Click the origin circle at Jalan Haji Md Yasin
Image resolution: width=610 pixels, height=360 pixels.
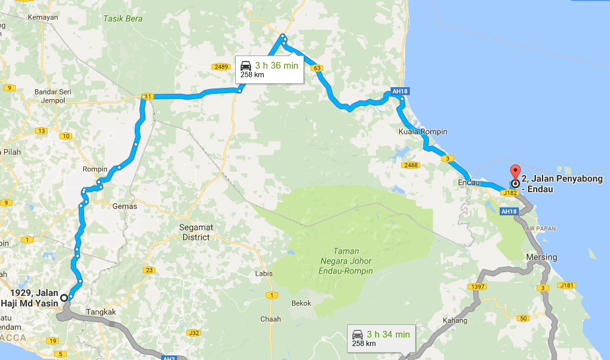click(x=63, y=298)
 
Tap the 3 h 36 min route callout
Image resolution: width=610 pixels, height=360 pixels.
click(x=270, y=69)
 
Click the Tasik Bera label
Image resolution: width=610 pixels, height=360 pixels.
click(x=123, y=18)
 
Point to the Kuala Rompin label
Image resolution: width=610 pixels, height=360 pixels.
click(x=423, y=131)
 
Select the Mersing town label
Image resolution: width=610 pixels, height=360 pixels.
click(x=541, y=257)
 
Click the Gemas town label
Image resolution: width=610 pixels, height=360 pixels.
click(x=124, y=206)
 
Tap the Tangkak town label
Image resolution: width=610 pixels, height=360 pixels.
click(x=100, y=312)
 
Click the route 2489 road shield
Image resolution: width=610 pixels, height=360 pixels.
click(x=221, y=67)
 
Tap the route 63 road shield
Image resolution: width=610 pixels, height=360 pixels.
click(x=317, y=68)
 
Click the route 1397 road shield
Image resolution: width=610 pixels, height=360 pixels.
click(x=477, y=287)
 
